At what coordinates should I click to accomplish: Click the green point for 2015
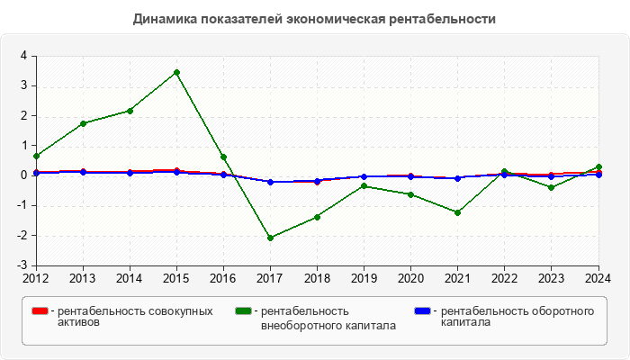click(176, 72)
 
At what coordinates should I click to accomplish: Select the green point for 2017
click(270, 238)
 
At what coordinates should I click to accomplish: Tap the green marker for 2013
click(83, 123)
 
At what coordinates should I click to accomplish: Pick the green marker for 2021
click(457, 212)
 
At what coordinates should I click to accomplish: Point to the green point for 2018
click(317, 217)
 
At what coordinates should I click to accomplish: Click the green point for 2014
click(130, 111)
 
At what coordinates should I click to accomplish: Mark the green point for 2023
click(551, 187)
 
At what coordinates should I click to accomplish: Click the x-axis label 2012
click(36, 278)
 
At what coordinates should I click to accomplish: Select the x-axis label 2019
click(364, 278)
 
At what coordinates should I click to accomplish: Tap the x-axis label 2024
click(598, 278)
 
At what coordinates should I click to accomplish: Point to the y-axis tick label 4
click(23, 56)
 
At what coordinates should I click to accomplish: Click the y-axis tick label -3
click(22, 266)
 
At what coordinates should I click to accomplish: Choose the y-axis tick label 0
click(23, 175)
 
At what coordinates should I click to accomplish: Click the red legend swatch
click(40, 311)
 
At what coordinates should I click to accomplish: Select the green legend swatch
click(243, 311)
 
